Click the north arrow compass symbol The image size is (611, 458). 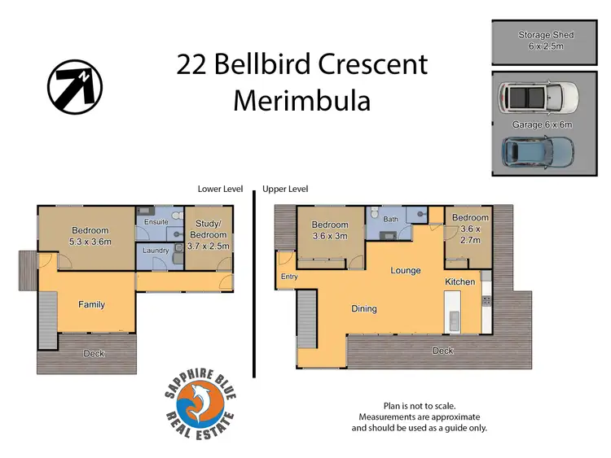tap(74, 86)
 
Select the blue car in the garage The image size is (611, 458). tap(538, 150)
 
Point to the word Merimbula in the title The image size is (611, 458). tap(301, 101)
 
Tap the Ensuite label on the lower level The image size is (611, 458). tap(156, 222)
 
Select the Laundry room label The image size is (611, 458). tap(156, 251)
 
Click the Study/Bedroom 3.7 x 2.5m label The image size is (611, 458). tap(208, 234)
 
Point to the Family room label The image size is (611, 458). tap(91, 304)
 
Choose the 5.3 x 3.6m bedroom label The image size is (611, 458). tap(90, 236)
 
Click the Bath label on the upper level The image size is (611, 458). tap(391, 219)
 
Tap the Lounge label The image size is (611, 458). tap(405, 270)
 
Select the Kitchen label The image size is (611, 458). tap(459, 281)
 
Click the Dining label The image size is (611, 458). tap(364, 308)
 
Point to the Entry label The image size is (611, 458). tap(289, 277)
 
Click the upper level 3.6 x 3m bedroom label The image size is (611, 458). tap(330, 230)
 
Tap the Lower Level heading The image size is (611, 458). tap(220, 189)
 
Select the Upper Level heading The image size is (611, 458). tap(285, 189)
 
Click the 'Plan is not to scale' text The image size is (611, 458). tap(419, 405)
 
